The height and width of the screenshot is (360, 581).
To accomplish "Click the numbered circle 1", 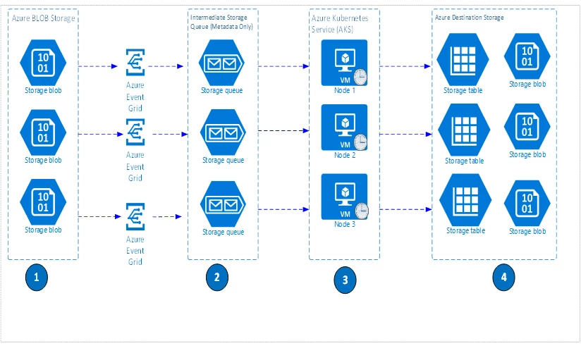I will pos(36,277).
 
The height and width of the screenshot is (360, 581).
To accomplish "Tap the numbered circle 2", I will pos(216,277).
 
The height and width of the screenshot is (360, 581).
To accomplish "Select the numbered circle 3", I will pos(345,280).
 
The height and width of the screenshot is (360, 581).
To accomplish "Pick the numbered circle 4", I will pos(503,277).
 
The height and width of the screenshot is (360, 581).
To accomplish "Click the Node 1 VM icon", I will pos(344,62).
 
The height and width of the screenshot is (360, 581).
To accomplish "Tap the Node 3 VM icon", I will pos(344,197).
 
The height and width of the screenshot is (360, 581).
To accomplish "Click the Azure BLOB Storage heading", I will pos(43,17).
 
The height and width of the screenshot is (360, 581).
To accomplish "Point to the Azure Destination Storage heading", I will pos(470,17).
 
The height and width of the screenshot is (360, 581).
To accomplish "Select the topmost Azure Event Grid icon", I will pos(135,63).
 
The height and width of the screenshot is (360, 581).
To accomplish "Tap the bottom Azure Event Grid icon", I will pos(135,216).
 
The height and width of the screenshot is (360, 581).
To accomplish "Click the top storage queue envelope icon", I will pos(223,64).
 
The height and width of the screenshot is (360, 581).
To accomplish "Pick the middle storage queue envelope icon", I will pos(223,133).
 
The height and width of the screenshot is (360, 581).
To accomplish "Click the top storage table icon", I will pos(464,61).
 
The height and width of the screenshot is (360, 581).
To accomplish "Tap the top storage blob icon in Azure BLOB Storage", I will pos(43,62).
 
